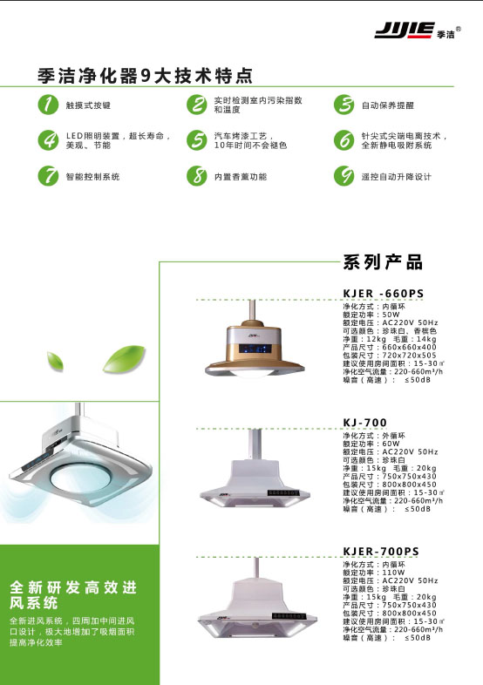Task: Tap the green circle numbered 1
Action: point(48,105)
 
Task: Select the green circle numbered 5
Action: point(197,140)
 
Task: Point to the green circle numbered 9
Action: point(344,176)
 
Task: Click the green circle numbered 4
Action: point(48,140)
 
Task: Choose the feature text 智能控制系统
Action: point(92,177)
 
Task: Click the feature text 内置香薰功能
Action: point(241,177)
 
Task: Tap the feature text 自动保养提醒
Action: point(388,105)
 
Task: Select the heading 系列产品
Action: point(383,262)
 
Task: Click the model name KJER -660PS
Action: point(384,294)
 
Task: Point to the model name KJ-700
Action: point(365,423)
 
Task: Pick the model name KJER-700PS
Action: point(381,552)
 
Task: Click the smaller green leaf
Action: point(55,362)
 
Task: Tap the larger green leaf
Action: point(124,359)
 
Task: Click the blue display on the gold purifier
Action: point(255,349)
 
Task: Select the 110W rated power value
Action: point(393,573)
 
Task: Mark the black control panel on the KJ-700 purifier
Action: point(283,492)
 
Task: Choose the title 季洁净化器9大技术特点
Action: point(145,76)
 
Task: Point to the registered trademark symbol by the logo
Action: point(458,30)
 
